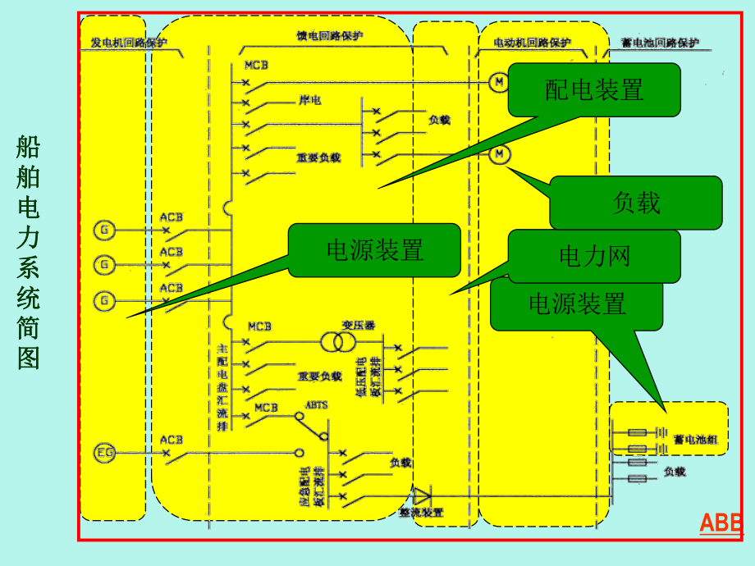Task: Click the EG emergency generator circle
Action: click(x=105, y=451)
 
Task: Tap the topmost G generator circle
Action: click(x=105, y=230)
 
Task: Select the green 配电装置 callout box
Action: click(x=594, y=89)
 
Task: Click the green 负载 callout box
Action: click(x=636, y=203)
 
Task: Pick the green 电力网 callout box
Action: click(x=594, y=256)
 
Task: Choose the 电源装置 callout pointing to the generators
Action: click(x=374, y=250)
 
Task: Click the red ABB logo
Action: click(x=720, y=523)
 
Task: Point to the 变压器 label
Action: click(x=358, y=326)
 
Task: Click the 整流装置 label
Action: click(x=421, y=513)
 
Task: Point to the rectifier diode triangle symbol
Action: click(x=422, y=495)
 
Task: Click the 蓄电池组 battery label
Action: click(x=696, y=440)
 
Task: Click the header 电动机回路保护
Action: click(x=532, y=43)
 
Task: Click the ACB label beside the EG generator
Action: click(x=172, y=439)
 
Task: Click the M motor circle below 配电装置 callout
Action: click(x=500, y=153)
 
